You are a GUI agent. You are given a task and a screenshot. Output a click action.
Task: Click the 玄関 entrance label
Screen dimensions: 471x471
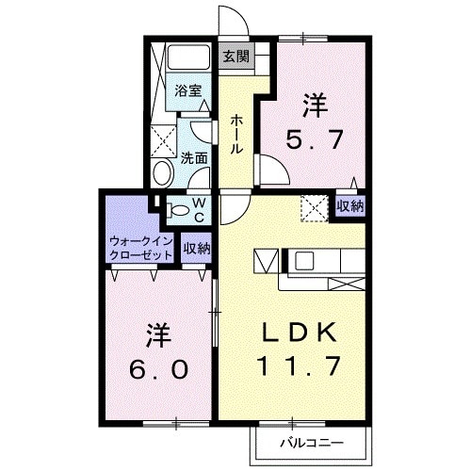(235, 56)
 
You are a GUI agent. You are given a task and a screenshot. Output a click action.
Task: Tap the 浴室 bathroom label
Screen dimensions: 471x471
(188, 91)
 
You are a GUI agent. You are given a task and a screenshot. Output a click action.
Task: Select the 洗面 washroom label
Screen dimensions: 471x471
(195, 158)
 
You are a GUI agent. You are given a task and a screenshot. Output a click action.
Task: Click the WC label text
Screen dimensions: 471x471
(200, 208)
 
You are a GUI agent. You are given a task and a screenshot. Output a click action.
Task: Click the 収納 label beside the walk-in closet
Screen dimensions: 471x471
(197, 249)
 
